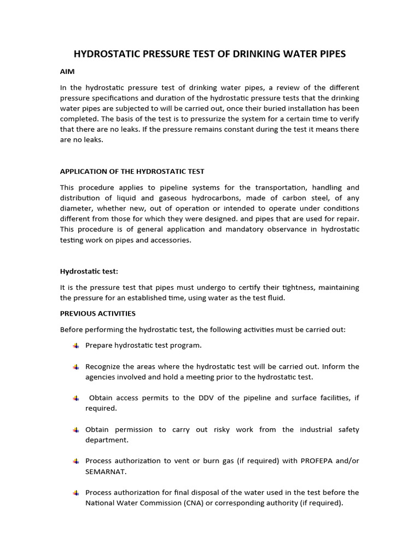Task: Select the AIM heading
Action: [67, 72]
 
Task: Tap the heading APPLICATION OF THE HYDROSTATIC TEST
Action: [132, 172]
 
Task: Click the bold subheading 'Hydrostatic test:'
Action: [89, 271]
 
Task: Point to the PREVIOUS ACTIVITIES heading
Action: [97, 313]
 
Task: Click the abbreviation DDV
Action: [213, 398]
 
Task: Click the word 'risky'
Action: [220, 429]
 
